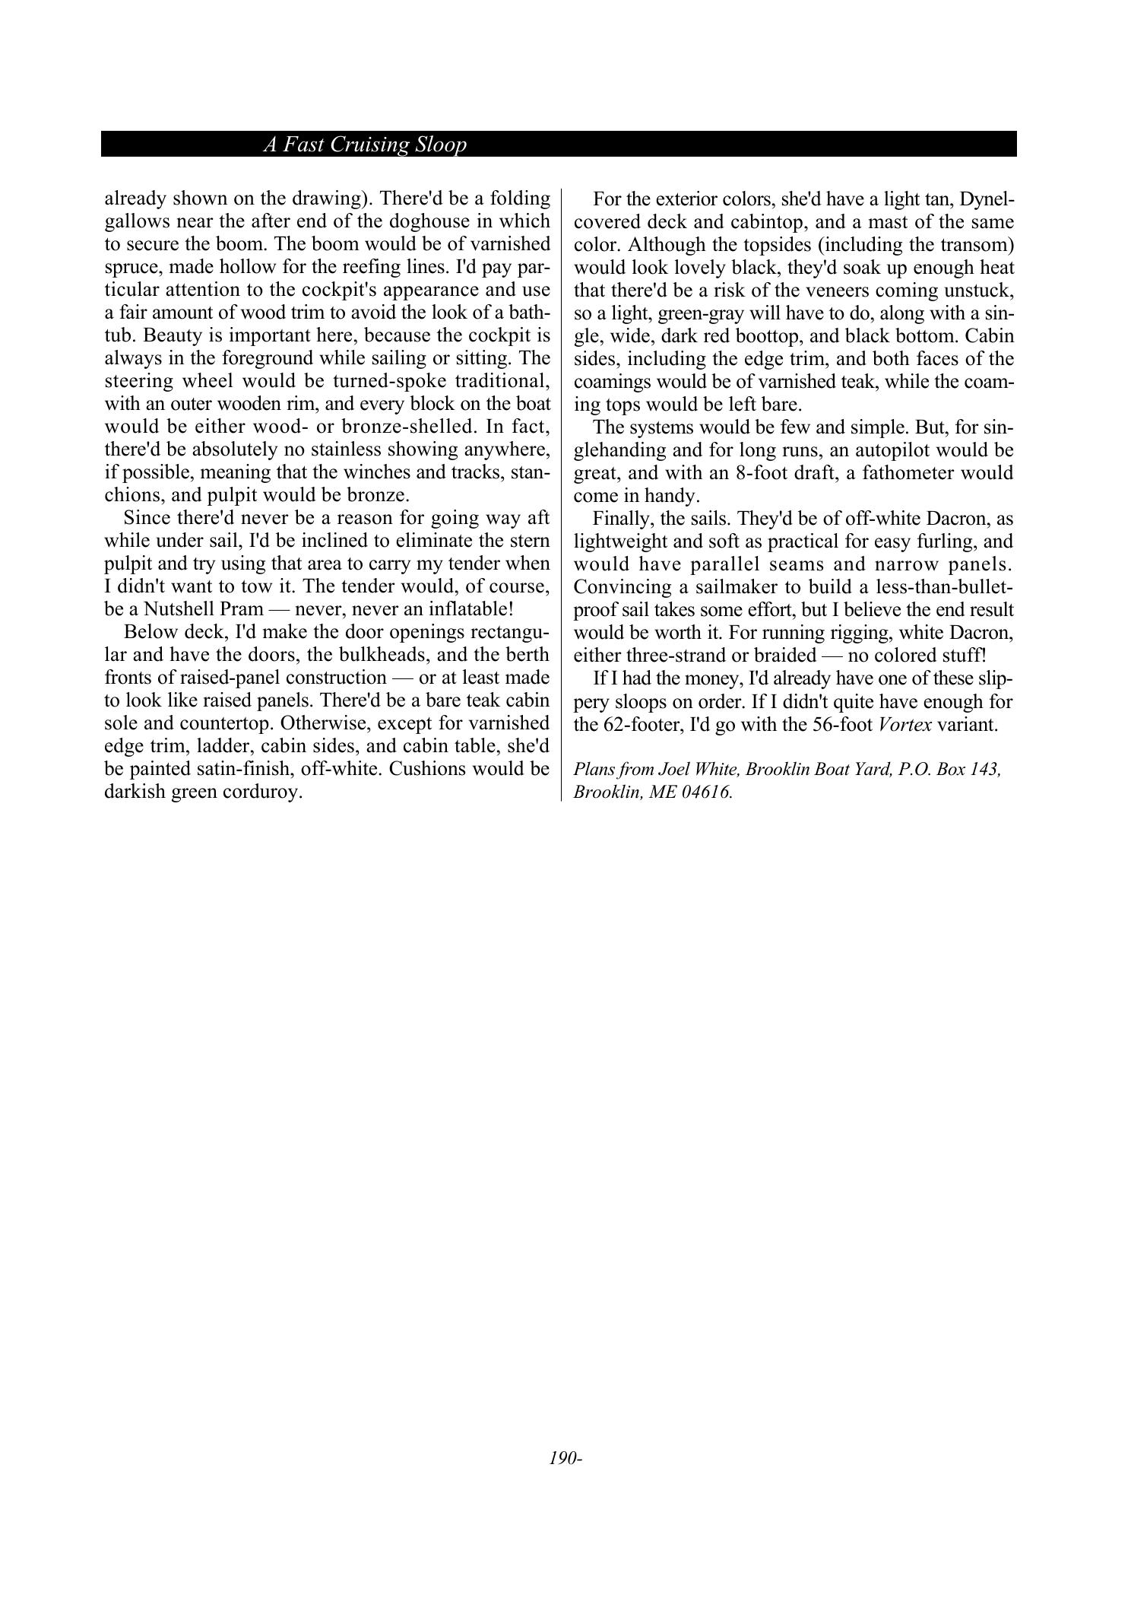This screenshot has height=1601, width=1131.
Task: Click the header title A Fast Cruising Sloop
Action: point(365,145)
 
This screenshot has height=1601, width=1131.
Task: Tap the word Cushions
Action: point(427,769)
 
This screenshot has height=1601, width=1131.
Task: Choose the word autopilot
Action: point(892,450)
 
